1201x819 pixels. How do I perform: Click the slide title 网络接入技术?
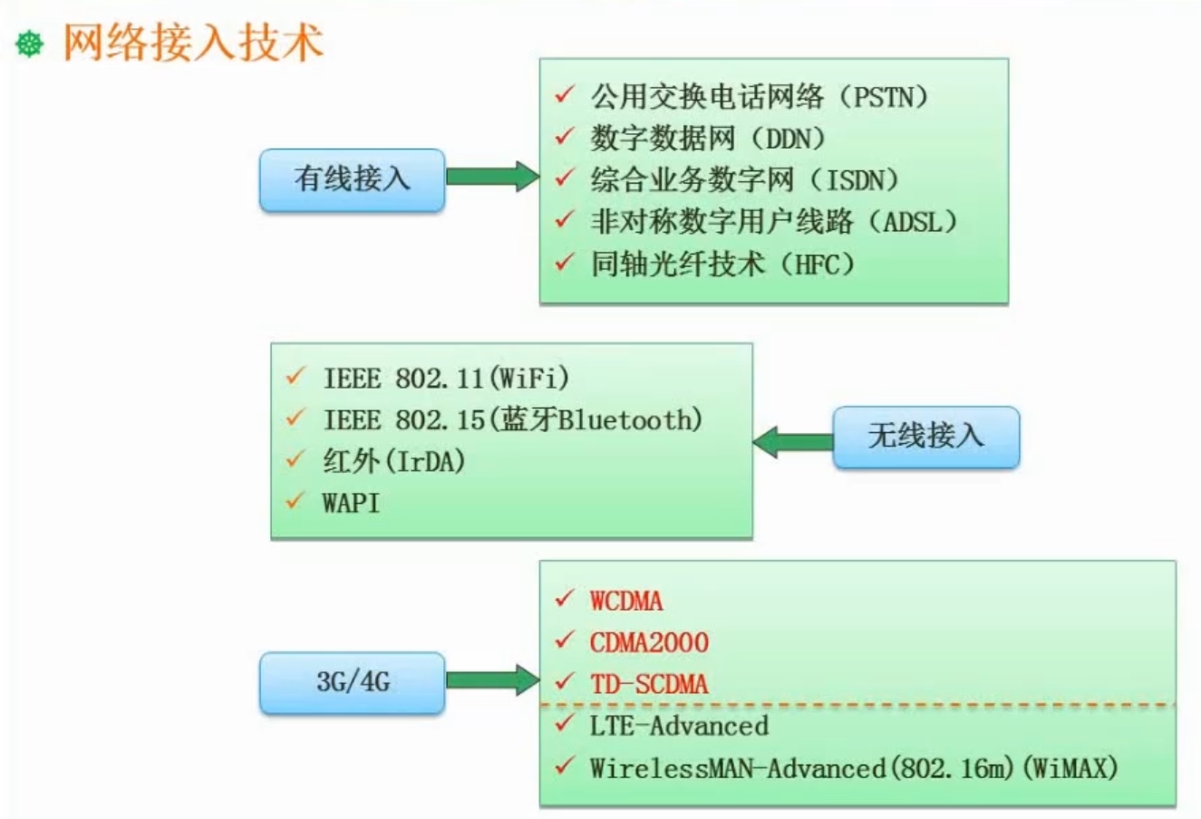click(x=193, y=43)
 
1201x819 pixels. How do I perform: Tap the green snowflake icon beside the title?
click(x=30, y=43)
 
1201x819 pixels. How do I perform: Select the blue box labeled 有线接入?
click(x=352, y=179)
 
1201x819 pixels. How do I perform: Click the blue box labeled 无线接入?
click(x=925, y=437)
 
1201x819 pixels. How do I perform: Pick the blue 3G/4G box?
click(x=352, y=681)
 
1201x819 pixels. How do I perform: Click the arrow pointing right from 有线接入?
click(x=492, y=176)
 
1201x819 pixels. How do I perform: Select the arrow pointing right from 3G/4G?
click(x=492, y=679)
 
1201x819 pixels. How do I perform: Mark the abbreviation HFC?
click(x=824, y=265)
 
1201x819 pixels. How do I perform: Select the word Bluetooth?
click(x=625, y=419)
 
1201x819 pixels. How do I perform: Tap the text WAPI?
click(x=351, y=503)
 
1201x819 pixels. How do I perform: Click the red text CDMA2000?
click(x=649, y=642)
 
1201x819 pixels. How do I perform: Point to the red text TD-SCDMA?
click(x=649, y=684)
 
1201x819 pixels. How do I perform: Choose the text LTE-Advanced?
click(x=679, y=726)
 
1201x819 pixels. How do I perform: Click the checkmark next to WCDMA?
click(x=565, y=599)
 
